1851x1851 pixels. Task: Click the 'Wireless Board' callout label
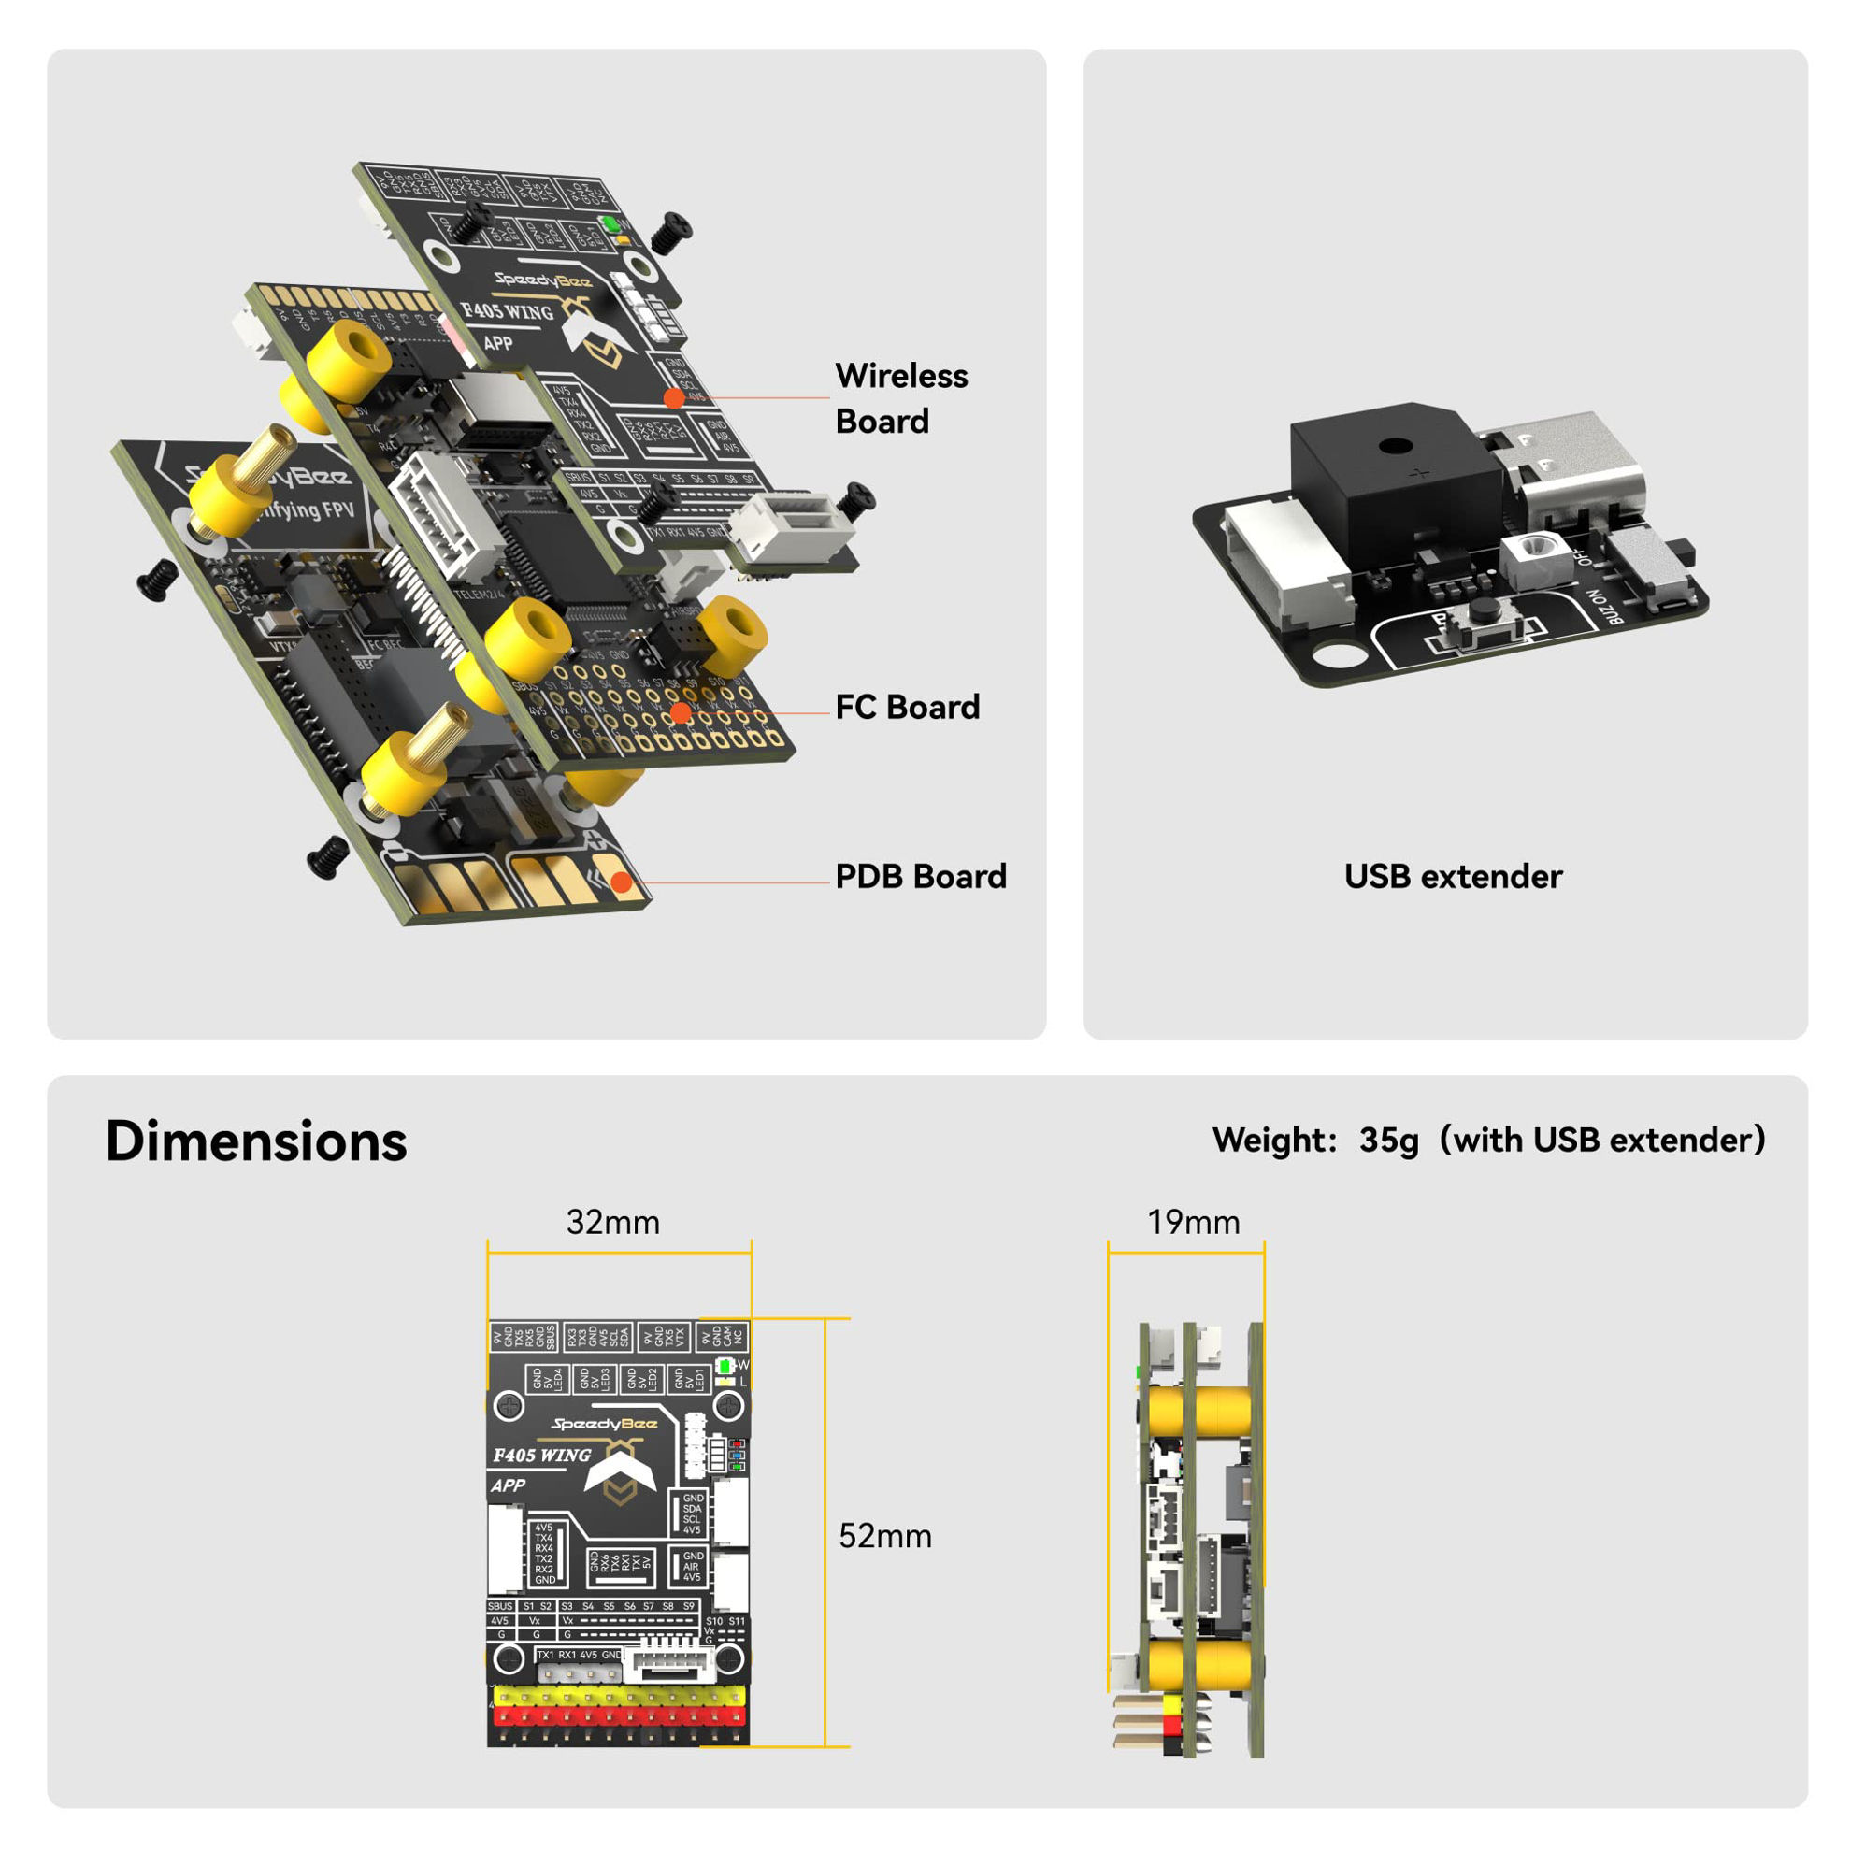coord(900,397)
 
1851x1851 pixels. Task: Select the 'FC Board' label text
coord(908,707)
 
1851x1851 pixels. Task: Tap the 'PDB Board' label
coord(921,876)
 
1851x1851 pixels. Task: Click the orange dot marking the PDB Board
coord(621,882)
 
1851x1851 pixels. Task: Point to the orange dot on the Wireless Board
coord(674,397)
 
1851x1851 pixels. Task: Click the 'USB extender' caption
coord(1453,876)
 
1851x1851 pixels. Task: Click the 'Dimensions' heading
coord(256,1141)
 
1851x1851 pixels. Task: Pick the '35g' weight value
coord(1388,1141)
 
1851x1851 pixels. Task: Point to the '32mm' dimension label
coord(613,1223)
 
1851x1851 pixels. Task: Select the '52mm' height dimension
coord(884,1536)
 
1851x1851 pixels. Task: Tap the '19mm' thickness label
coord(1193,1223)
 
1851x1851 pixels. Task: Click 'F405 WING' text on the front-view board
coord(542,1456)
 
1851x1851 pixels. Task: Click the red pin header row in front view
coord(619,1715)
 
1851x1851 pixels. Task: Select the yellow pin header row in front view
coord(619,1697)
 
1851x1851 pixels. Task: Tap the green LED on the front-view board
coord(725,1366)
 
